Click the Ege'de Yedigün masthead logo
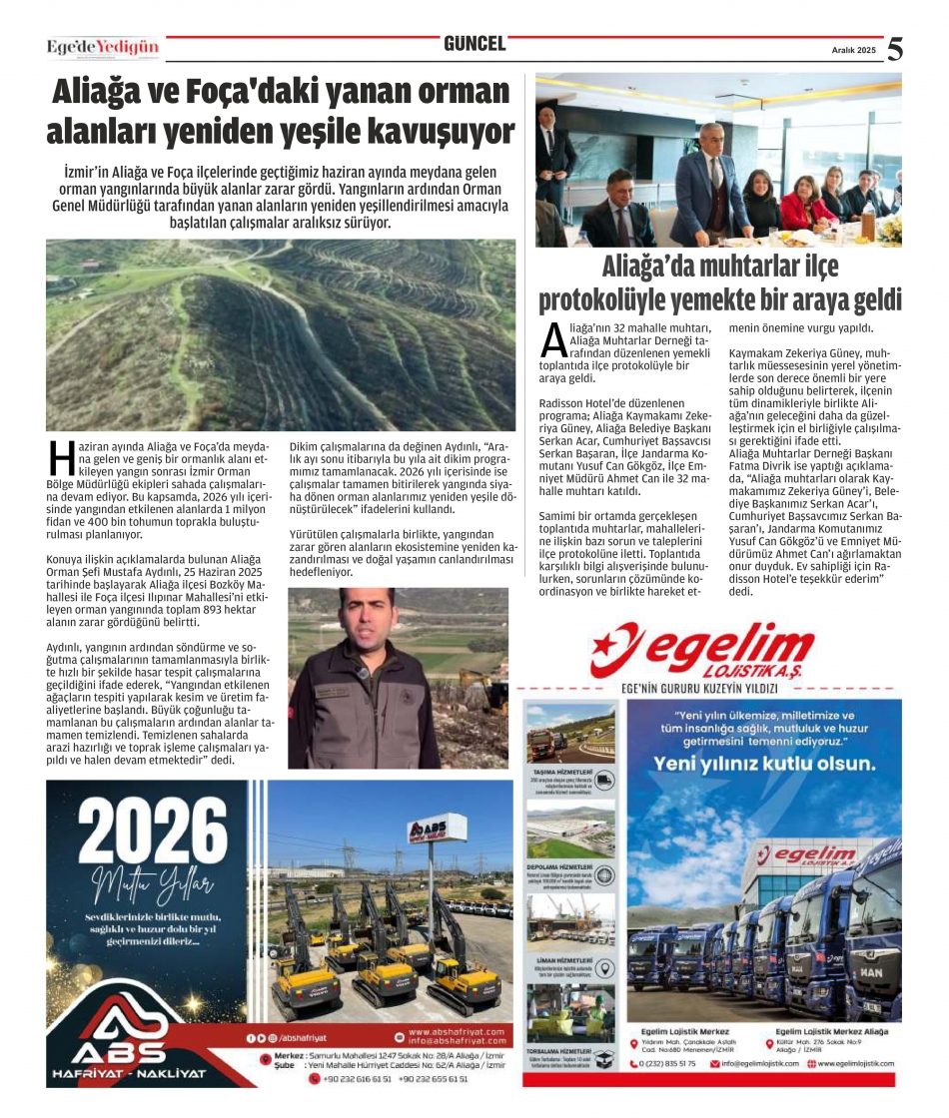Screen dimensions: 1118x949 [103, 47]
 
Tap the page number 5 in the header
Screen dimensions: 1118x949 [895, 49]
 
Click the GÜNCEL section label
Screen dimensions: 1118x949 [474, 44]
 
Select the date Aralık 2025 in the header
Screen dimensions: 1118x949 [853, 50]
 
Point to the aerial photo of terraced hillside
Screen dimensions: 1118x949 [281, 334]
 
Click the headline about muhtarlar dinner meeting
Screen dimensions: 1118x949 [719, 283]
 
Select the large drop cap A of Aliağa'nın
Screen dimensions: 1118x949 [553, 339]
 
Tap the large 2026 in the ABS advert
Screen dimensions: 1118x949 [147, 830]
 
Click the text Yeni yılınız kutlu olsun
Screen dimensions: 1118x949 [763, 764]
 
